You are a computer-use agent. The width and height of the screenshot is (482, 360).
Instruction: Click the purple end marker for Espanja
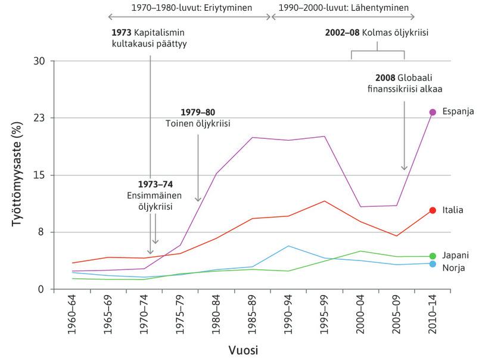(x=433, y=112)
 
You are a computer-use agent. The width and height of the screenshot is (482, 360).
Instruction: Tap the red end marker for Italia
(x=433, y=210)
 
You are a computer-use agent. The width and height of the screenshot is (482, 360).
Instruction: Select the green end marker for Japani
(x=433, y=256)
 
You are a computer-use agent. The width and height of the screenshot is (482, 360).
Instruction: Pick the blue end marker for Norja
(x=433, y=264)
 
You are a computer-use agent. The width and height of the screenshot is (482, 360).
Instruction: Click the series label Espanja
(x=458, y=112)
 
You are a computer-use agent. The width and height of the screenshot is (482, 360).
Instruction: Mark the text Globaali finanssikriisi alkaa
(x=400, y=83)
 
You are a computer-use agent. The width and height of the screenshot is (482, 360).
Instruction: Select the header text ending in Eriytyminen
(x=191, y=8)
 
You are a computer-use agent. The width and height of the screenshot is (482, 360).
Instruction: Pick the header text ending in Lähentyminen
(x=343, y=8)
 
